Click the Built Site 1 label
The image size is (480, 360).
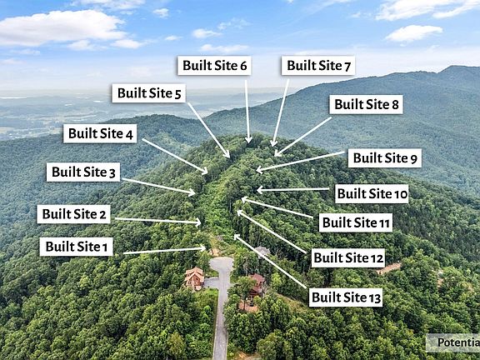click(76, 247)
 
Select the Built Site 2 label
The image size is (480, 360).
click(73, 214)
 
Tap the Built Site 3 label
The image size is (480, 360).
click(83, 172)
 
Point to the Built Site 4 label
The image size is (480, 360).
click(100, 133)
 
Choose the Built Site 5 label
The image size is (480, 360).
click(149, 93)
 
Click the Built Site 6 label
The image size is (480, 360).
click(214, 66)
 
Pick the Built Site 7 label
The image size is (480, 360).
click(318, 66)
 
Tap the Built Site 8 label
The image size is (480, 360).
click(366, 104)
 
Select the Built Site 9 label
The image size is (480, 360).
click(385, 158)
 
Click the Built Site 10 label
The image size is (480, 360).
click(372, 194)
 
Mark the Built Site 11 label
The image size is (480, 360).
click(356, 222)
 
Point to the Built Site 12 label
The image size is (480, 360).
click(348, 258)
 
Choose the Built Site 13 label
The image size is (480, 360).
click(346, 297)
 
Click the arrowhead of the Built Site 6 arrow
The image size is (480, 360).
click(248, 141)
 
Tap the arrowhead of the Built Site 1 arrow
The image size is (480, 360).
click(203, 248)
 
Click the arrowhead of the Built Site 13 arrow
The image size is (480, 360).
click(237, 237)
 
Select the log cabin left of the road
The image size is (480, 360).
click(194, 278)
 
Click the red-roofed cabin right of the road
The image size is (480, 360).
click(257, 286)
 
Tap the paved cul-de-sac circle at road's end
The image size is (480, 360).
click(222, 264)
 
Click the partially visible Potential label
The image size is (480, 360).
click(453, 342)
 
